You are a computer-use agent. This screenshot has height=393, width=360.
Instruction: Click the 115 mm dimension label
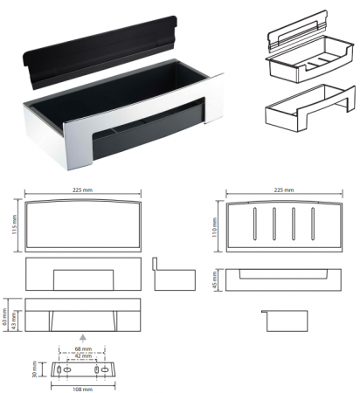(15, 224)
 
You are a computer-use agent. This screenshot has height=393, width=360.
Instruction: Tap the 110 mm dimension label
(215, 227)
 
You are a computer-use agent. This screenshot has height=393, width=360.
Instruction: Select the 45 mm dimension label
(215, 280)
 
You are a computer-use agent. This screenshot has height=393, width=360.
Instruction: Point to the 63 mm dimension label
(4, 314)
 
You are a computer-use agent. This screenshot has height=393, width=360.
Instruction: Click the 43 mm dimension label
(13, 321)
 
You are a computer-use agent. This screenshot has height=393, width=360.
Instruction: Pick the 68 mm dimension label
(83, 348)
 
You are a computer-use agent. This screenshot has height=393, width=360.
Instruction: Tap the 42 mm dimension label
(83, 355)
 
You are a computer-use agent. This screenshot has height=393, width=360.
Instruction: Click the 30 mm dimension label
(34, 369)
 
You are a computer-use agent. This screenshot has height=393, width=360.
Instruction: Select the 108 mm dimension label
(82, 390)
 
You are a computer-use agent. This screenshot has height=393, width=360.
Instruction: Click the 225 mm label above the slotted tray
(284, 190)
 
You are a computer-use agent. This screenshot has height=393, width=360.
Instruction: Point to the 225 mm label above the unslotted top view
(82, 190)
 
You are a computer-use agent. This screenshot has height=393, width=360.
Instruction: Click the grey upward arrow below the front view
(83, 339)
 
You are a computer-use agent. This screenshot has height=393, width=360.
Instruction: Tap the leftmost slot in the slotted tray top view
(255, 224)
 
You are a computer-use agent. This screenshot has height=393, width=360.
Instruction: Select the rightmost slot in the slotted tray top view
(313, 224)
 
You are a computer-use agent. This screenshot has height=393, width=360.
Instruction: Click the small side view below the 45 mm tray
(285, 321)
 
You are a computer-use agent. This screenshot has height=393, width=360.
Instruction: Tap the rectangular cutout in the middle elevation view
(83, 279)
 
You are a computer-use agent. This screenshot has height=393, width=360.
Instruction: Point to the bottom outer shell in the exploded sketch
(310, 108)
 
